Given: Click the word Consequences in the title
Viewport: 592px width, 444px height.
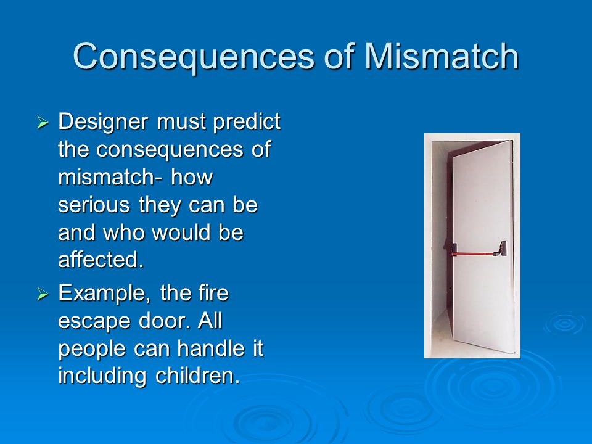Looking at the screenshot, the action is [x=193, y=57].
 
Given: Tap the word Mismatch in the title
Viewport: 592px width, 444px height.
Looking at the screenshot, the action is [x=442, y=56].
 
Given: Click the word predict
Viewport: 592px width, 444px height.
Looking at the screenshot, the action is [x=247, y=122].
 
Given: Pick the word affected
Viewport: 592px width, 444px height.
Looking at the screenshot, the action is [x=101, y=260].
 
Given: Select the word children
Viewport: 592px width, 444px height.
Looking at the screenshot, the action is [x=197, y=376].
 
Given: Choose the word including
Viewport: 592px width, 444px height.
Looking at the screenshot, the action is [x=102, y=376].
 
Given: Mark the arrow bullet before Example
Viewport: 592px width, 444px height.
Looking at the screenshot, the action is [x=43, y=294].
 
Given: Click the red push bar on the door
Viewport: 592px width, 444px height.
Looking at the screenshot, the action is [x=475, y=253].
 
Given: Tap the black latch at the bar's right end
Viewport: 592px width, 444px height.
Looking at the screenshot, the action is [x=503, y=249].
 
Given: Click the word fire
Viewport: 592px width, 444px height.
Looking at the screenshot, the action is [x=213, y=292].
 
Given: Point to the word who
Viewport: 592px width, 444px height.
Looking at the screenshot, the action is [x=124, y=232].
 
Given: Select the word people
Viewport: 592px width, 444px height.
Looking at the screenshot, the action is [x=92, y=349].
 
